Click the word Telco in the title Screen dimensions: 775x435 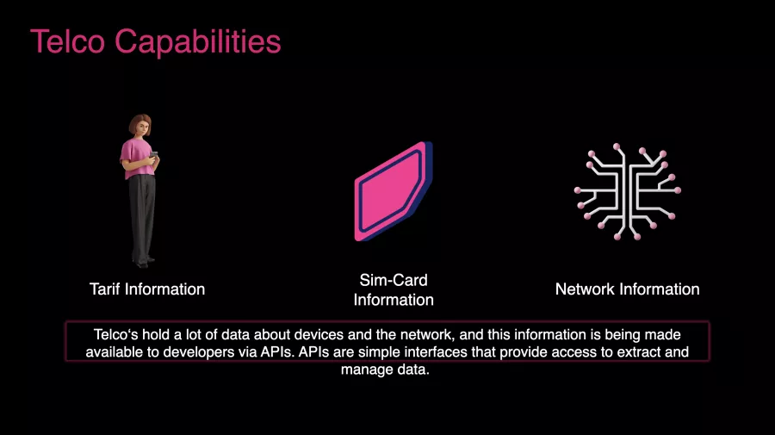click(68, 41)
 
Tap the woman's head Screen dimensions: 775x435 click(140, 126)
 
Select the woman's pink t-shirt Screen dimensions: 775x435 click(136, 158)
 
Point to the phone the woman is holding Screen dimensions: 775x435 click(154, 155)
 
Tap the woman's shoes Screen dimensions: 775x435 click(143, 263)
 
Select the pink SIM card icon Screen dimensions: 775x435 click(394, 192)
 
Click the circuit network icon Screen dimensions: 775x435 click(627, 191)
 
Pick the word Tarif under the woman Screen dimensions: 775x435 click(105, 289)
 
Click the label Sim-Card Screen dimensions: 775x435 click(394, 280)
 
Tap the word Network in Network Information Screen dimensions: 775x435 click(586, 289)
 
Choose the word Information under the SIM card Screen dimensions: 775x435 click(394, 300)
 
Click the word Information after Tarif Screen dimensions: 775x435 click(164, 289)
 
